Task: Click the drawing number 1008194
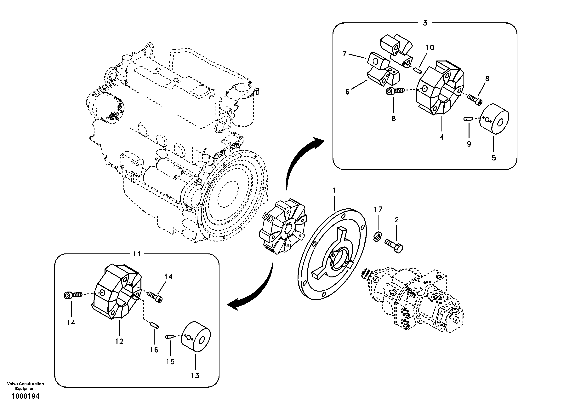point(25,396)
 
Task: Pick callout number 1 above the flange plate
point(334,190)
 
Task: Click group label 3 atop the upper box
point(425,23)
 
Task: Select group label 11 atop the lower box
point(137,254)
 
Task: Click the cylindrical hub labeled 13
point(196,337)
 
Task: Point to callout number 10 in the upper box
point(430,47)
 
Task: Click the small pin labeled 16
point(155,326)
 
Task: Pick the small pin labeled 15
point(169,337)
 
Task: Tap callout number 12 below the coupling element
point(119,341)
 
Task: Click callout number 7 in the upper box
point(345,53)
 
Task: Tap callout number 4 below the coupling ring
point(441,137)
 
